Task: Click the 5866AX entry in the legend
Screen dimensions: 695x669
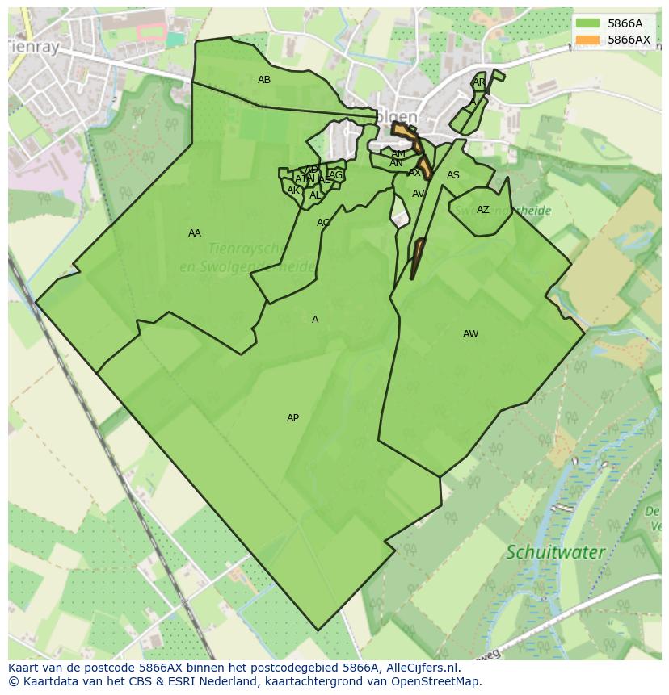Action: (x=628, y=40)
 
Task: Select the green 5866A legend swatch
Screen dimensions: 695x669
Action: (x=587, y=23)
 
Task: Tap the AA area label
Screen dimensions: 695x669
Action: (x=195, y=233)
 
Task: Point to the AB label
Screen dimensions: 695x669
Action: (x=264, y=80)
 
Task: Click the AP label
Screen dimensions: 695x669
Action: (x=292, y=418)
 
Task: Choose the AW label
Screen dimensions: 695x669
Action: (x=470, y=334)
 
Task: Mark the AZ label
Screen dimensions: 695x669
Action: (x=483, y=210)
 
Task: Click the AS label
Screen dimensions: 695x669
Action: (x=453, y=175)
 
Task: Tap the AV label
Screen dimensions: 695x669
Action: (x=419, y=194)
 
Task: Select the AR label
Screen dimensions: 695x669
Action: (x=479, y=82)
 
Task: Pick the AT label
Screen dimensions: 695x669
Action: (x=476, y=102)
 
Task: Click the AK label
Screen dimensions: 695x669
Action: (x=293, y=190)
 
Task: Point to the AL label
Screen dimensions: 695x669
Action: (x=315, y=195)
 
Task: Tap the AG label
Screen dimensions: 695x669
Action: (x=336, y=175)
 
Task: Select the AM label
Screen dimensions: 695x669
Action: (x=398, y=154)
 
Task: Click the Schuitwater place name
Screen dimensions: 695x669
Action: (x=555, y=553)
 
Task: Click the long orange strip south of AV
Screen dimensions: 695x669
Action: (x=417, y=258)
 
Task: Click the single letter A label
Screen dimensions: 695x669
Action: (x=315, y=320)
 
